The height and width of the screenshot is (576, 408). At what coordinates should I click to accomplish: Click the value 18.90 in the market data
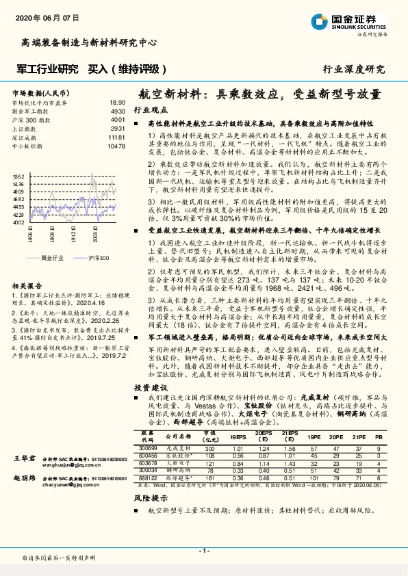(x=117, y=102)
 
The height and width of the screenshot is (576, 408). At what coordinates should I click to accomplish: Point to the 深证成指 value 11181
(x=116, y=138)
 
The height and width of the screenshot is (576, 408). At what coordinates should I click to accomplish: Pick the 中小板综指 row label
(x=28, y=146)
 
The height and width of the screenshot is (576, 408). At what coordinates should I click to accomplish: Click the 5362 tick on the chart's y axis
(x=18, y=176)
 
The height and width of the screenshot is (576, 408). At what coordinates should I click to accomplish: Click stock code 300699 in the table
(x=147, y=467)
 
